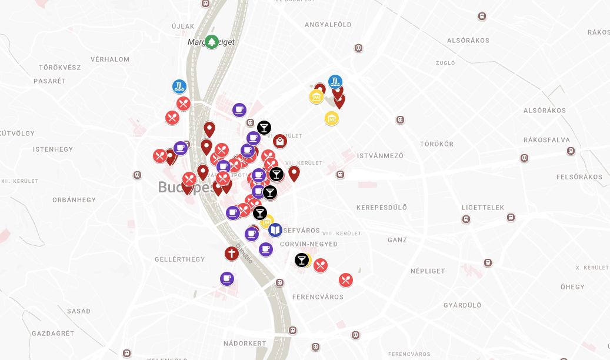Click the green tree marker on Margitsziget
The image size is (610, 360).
pyautogui.click(x=212, y=42)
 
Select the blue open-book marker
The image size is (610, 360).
pyautogui.click(x=275, y=230)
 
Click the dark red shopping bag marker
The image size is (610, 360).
pyautogui.click(x=280, y=141)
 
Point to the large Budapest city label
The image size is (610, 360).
pyautogui.click(x=186, y=188)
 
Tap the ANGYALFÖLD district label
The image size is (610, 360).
pyautogui.click(x=328, y=25)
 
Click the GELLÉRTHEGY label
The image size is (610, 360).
pyautogui.click(x=179, y=259)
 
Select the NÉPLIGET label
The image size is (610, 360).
pyautogui.click(x=428, y=271)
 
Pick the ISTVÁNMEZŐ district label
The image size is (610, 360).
pyautogui.click(x=380, y=156)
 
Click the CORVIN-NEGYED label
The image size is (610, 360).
pyautogui.click(x=309, y=244)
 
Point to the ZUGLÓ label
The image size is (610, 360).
pyautogui.click(x=445, y=63)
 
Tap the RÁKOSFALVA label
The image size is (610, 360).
pyautogui.click(x=546, y=140)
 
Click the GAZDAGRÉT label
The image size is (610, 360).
pyautogui.click(x=53, y=333)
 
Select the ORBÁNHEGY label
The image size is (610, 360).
pyautogui.click(x=74, y=200)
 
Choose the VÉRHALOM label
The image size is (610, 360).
pyautogui.click(x=110, y=59)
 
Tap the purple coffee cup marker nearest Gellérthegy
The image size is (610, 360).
pyautogui.click(x=227, y=278)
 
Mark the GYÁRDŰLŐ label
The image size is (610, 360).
pyautogui.click(x=462, y=305)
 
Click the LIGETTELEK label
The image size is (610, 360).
pyautogui.click(x=483, y=208)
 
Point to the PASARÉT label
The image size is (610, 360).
pyautogui.click(x=50, y=81)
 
